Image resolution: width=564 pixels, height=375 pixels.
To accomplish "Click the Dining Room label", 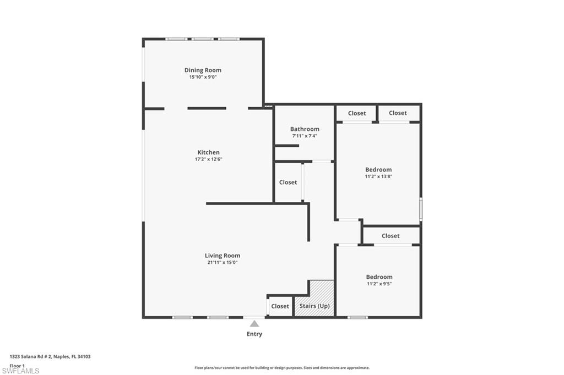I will pyautogui.click(x=203, y=70).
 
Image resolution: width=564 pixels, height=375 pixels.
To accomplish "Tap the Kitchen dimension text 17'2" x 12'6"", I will pyautogui.click(x=208, y=159).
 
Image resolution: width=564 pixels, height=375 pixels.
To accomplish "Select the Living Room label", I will pyautogui.click(x=222, y=256).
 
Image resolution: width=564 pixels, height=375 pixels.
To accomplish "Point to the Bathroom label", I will pyautogui.click(x=305, y=129).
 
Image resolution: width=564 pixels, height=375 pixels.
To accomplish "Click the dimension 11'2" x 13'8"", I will pyautogui.click(x=378, y=177).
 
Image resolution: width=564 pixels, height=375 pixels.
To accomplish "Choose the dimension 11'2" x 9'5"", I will pyautogui.click(x=379, y=284).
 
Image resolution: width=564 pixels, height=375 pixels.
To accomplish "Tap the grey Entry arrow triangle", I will pyautogui.click(x=254, y=324).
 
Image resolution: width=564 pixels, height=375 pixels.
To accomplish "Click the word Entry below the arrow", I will pyautogui.click(x=254, y=334).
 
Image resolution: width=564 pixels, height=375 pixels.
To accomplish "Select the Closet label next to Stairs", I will pyautogui.click(x=280, y=306).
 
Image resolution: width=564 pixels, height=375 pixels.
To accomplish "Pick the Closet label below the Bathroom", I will pyautogui.click(x=288, y=183).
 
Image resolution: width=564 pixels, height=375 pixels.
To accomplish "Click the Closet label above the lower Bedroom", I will pyautogui.click(x=391, y=236).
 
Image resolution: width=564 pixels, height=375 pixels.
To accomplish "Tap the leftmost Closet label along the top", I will pyautogui.click(x=356, y=113).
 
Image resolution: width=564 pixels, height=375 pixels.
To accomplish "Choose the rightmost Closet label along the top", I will pyautogui.click(x=398, y=113).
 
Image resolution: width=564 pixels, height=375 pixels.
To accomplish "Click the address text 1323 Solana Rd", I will pyautogui.click(x=50, y=357).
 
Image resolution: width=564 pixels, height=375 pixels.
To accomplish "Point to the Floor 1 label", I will pyautogui.click(x=18, y=366).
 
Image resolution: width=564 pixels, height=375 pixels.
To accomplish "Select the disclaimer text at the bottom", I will pyautogui.click(x=281, y=368).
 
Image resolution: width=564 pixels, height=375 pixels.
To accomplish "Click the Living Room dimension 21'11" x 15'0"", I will pyautogui.click(x=222, y=263).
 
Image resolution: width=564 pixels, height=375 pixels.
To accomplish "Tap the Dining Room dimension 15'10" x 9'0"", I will pyautogui.click(x=203, y=78).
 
